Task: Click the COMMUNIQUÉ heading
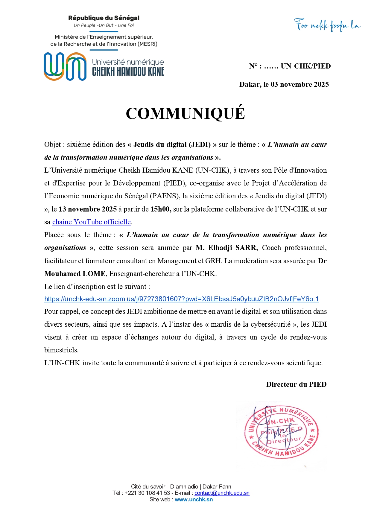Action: click(x=185, y=113)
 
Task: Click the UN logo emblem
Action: click(x=65, y=66)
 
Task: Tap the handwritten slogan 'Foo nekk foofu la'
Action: click(x=327, y=25)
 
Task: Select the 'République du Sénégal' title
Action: click(x=104, y=18)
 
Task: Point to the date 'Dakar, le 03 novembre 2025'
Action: click(x=284, y=84)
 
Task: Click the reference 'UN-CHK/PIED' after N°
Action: click(x=305, y=66)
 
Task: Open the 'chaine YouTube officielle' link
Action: click(x=92, y=222)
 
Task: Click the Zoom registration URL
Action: click(x=181, y=299)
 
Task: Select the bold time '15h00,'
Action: click(x=161, y=209)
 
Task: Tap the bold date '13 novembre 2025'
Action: click(x=88, y=209)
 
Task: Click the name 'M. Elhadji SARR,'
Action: click(x=227, y=248)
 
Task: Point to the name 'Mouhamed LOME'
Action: click(x=75, y=274)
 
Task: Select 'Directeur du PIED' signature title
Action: click(x=296, y=384)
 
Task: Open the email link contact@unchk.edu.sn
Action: click(x=222, y=493)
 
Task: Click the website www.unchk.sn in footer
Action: click(x=194, y=499)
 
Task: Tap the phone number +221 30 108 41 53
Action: click(x=147, y=493)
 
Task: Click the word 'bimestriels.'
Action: click(x=61, y=350)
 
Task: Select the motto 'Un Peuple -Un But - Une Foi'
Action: click(x=104, y=25)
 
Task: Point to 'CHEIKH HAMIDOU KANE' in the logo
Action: click(x=128, y=72)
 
